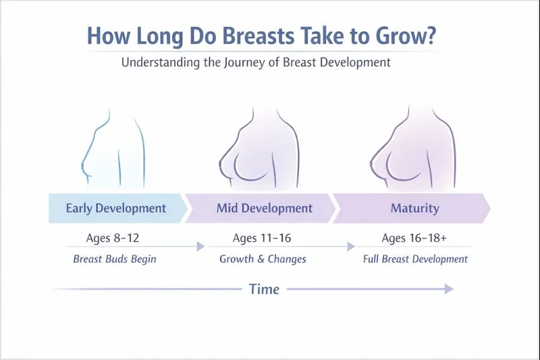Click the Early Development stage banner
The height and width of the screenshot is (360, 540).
pos(115,208)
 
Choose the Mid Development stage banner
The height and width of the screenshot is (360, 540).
pos(264,208)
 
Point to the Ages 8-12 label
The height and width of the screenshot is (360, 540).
pos(113,238)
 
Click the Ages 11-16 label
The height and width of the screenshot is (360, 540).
pos(262,238)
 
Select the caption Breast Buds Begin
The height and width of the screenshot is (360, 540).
pos(115,259)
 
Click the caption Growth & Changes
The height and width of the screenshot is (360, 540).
pos(263,259)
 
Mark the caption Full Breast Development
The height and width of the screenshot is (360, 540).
pos(415,259)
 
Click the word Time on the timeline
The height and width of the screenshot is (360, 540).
pos(264,289)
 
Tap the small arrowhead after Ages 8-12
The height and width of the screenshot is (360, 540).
pos(200,247)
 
